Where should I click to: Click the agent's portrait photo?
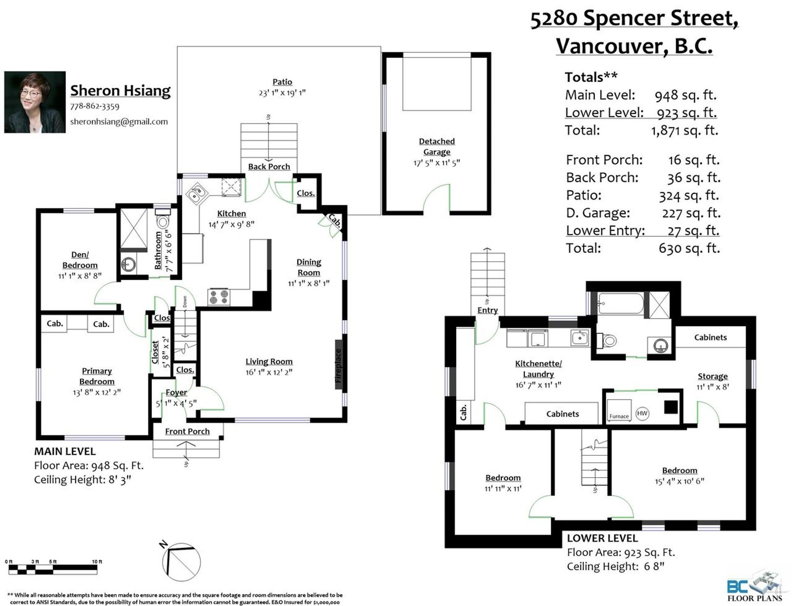tap(35, 102)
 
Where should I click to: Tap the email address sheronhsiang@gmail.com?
tap(119, 122)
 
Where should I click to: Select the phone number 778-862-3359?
tap(95, 106)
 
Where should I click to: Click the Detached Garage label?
tap(437, 146)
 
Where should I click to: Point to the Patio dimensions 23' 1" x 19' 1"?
tap(282, 93)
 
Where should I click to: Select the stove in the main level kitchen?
tap(219, 297)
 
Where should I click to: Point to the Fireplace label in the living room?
tap(339, 365)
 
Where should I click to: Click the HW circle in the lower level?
tap(642, 413)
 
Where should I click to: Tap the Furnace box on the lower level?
tap(619, 410)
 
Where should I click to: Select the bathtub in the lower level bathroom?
tap(621, 305)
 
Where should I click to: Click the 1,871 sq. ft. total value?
tap(684, 130)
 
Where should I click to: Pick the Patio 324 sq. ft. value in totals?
tap(689, 196)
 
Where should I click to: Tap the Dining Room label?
tap(309, 267)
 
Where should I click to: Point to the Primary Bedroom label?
tap(97, 376)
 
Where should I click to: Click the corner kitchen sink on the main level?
tap(196, 194)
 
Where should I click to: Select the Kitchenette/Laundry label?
tap(538, 369)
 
